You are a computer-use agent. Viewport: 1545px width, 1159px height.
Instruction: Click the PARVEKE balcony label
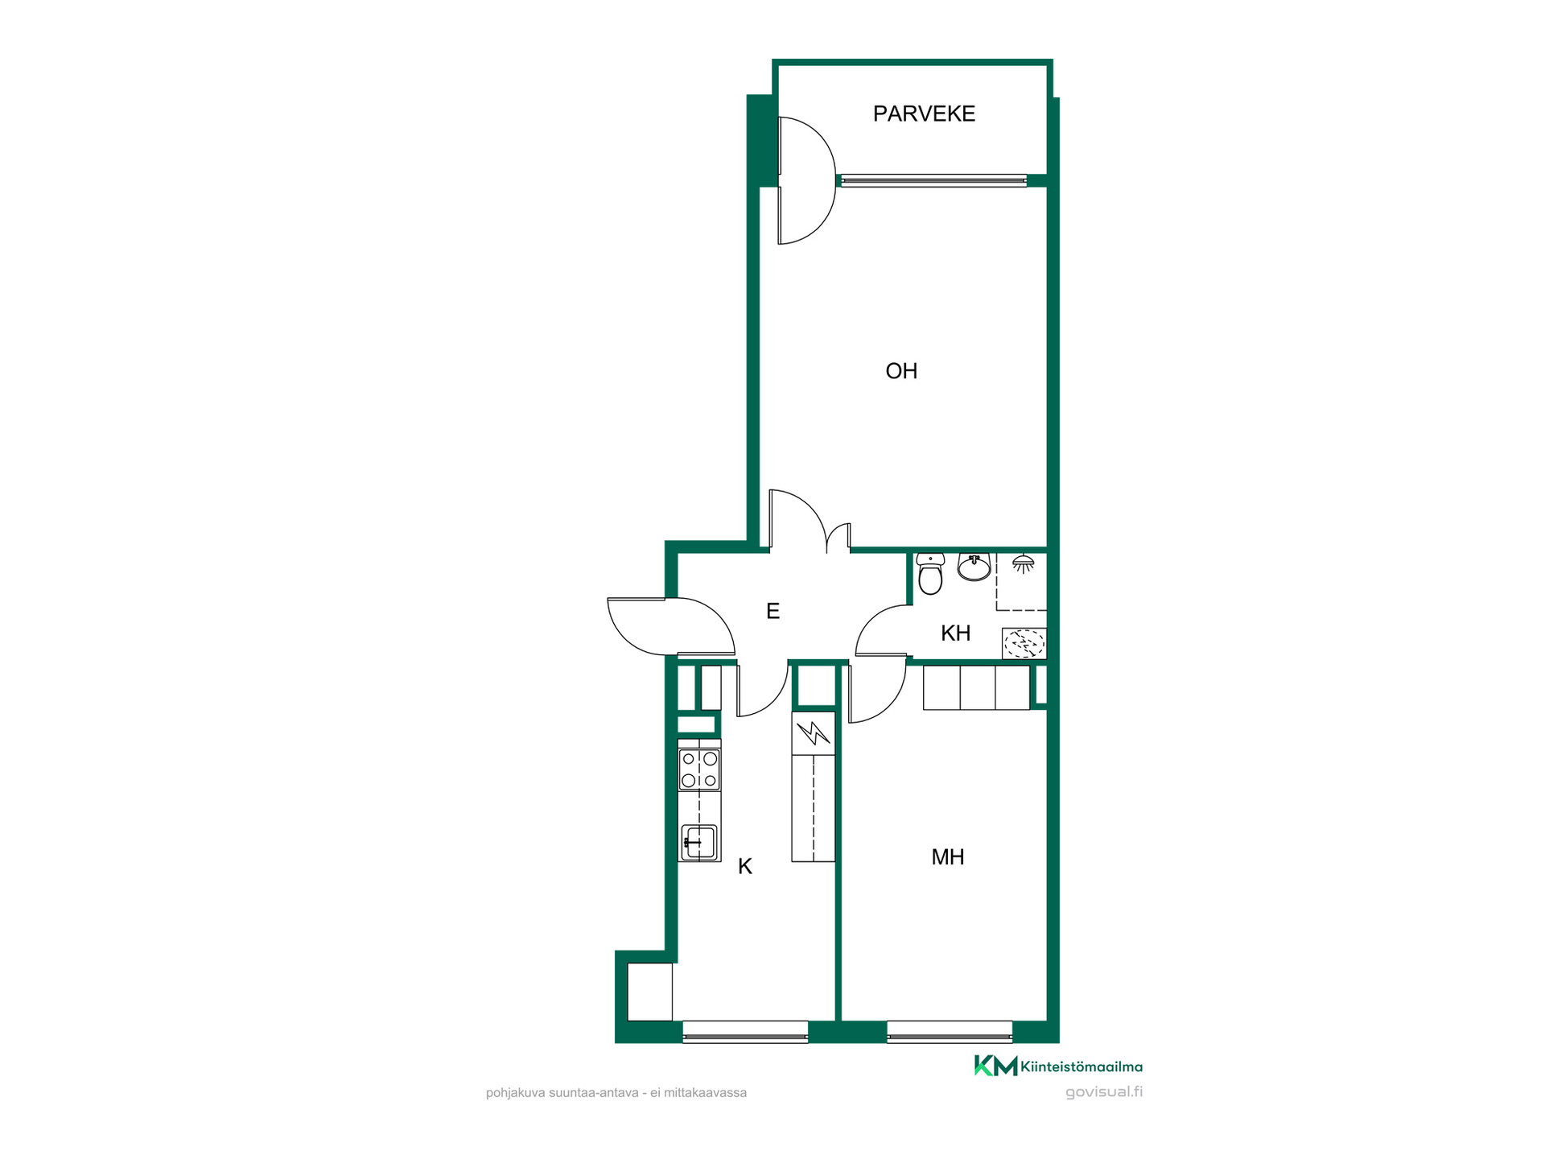pos(924,113)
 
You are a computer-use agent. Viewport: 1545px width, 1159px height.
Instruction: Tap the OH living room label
pos(901,371)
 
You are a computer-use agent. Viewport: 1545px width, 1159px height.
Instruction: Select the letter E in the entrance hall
pos(772,612)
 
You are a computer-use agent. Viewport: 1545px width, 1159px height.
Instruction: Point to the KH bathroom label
pos(955,633)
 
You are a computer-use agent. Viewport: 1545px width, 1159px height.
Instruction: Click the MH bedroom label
pos(947,857)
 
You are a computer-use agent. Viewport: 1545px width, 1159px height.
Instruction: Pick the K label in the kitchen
pos(745,867)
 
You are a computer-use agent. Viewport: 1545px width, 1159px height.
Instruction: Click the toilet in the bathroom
pos(930,573)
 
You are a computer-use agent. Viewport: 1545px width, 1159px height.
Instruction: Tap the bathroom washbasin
pos(974,567)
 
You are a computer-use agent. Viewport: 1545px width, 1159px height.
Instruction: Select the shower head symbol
pos(1023,563)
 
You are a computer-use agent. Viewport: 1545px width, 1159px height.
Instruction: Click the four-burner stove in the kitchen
pos(699,769)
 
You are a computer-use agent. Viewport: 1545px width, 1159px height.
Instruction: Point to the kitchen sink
pos(698,843)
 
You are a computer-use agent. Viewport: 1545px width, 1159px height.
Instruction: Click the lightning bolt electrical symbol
pos(814,732)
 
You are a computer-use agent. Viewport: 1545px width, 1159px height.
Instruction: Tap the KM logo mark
pos(995,1066)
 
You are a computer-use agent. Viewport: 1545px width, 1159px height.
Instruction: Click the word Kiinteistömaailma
pos(1081,1067)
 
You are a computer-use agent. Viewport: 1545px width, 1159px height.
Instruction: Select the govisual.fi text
pos(1103,1092)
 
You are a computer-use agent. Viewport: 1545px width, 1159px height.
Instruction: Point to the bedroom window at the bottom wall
pos(950,1032)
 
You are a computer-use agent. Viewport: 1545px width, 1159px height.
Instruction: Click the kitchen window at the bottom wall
pos(745,1032)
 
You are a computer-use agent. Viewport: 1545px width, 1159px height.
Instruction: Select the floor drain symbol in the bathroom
pos(1024,644)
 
